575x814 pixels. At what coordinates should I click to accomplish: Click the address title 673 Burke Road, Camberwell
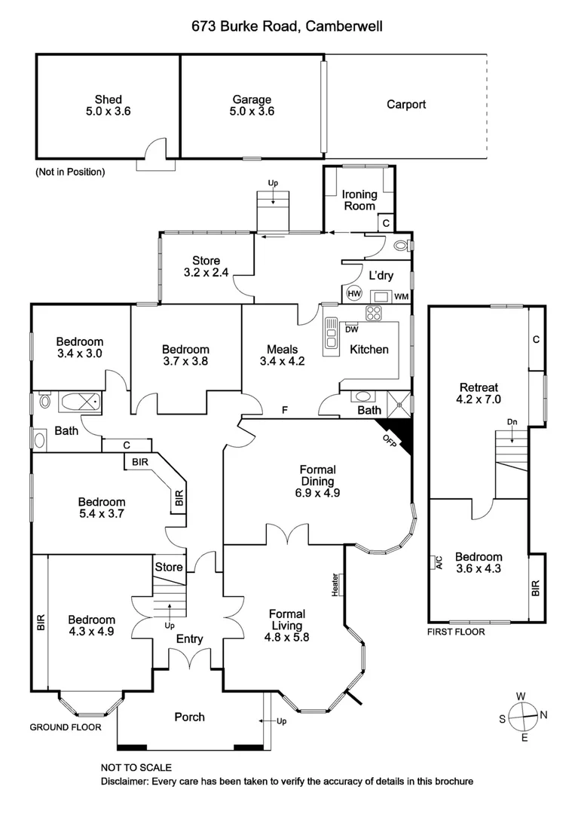point(287,27)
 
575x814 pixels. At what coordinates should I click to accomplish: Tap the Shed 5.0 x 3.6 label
point(108,106)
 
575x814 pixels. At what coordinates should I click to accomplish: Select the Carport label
point(406,105)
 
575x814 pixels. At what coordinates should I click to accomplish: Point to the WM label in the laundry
point(402,295)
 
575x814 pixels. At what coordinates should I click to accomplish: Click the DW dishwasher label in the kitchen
point(351,329)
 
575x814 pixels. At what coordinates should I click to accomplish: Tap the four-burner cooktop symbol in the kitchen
point(374,313)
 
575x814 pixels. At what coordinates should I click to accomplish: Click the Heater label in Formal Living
point(335,584)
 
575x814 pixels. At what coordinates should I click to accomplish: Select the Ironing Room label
point(359,200)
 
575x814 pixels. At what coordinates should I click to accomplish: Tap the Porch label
point(189,717)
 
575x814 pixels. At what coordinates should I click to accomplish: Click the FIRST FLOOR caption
point(456,632)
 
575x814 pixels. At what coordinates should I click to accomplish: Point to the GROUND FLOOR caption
point(65,727)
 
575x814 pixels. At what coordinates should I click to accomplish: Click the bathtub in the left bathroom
point(78,402)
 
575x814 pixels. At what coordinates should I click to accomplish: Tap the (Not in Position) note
point(70,172)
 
